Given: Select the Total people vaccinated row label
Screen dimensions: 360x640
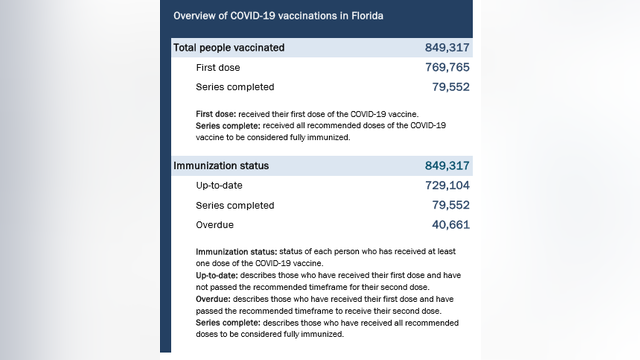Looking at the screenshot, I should coord(229,47).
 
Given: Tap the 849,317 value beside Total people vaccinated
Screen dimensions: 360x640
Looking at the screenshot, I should coord(447,47).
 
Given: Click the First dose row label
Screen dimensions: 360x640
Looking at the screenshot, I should coord(219,68).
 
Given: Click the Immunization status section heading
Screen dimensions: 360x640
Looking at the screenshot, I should coord(221,165).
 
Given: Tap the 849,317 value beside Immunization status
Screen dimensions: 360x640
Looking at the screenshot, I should coord(447,165).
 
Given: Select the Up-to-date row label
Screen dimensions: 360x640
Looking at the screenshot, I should coord(220,186).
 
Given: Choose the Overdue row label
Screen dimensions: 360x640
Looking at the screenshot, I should coord(216,225).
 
